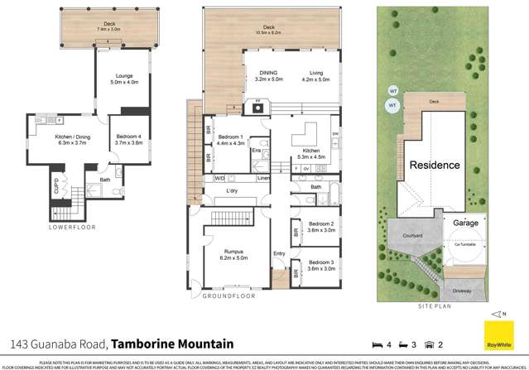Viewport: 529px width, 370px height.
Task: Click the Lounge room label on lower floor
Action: pos(123,76)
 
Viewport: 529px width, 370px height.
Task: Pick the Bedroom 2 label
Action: pos(321,224)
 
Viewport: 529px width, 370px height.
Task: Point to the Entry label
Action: pos(279,252)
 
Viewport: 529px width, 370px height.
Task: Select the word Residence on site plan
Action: pos(434,165)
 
